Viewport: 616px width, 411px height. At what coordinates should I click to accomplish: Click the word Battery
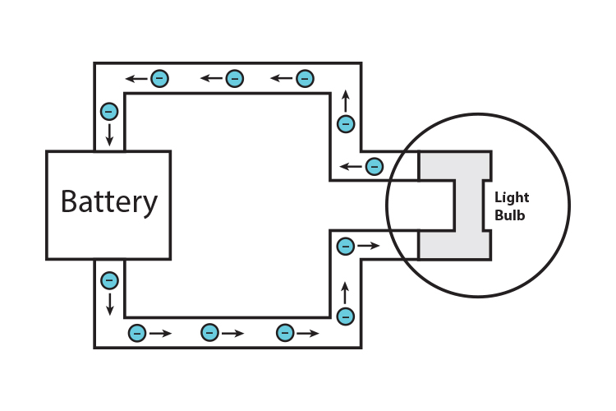(x=108, y=201)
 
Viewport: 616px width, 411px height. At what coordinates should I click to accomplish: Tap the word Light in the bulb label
(x=512, y=197)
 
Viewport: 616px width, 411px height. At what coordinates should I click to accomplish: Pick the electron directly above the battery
(x=108, y=111)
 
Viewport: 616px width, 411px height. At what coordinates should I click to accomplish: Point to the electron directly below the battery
(x=109, y=280)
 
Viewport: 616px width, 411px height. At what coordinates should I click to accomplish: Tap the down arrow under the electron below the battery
(x=109, y=305)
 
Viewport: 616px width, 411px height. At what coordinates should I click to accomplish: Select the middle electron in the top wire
(x=234, y=79)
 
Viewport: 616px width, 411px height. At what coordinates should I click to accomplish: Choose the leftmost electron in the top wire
(x=160, y=79)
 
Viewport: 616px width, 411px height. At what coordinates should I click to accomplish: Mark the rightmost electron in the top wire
(x=305, y=79)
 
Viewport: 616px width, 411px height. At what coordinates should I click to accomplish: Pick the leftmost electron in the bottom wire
(x=137, y=333)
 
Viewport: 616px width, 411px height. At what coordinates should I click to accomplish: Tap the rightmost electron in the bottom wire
(x=285, y=333)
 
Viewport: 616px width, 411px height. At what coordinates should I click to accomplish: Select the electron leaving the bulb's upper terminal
(x=374, y=166)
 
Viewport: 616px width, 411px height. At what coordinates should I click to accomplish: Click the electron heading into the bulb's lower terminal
(x=346, y=245)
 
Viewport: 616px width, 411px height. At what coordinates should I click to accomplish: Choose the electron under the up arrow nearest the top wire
(x=345, y=124)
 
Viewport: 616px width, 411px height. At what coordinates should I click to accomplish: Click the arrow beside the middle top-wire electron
(x=212, y=79)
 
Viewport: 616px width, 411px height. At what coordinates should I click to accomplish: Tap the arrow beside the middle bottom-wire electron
(x=233, y=333)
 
